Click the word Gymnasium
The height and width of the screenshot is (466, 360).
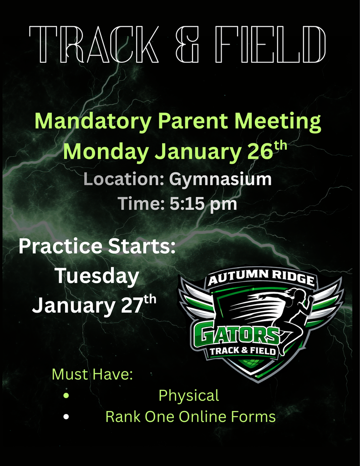pyautogui.click(x=220, y=179)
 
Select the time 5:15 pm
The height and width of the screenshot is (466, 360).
pyautogui.click(x=203, y=203)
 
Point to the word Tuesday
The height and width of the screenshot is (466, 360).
pyautogui.click(x=96, y=276)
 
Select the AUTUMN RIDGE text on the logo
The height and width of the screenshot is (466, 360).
pyautogui.click(x=261, y=278)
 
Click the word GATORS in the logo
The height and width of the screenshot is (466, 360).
pyautogui.click(x=235, y=335)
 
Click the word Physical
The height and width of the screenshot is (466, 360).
pyautogui.click(x=188, y=395)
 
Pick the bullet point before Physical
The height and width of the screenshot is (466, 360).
pyautogui.click(x=67, y=396)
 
